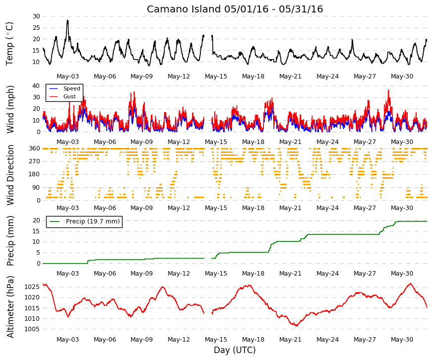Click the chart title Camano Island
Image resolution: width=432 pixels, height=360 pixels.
coord(184,9)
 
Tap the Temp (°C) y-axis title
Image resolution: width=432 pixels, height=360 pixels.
coord(9,44)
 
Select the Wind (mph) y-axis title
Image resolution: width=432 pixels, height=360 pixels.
coord(10,109)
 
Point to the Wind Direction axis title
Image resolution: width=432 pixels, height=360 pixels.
coord(10,175)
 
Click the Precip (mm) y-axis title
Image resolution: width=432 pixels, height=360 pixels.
coord(10,241)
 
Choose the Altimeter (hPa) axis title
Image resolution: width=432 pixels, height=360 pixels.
coord(10,306)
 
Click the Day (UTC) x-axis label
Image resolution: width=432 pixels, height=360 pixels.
coord(235,350)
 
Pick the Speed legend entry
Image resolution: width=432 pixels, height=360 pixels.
coord(71,88)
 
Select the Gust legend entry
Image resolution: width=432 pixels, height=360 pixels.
coord(69,96)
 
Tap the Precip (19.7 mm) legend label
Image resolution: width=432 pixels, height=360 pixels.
coord(93,221)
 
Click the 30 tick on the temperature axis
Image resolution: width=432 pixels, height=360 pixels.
coord(36,16)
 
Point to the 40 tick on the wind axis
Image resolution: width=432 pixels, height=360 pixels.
coord(36,86)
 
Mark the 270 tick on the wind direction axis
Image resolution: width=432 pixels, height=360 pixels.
coord(35,161)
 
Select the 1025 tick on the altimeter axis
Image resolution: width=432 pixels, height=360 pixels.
coord(32,287)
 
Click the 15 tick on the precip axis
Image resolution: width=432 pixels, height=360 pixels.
coord(36,231)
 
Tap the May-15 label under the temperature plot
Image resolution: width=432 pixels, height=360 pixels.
coord(216,76)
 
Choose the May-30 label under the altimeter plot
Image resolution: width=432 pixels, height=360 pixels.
coord(402,340)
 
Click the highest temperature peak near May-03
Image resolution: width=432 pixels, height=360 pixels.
coord(67,20)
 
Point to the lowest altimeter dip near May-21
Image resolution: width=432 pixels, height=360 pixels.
coord(297,326)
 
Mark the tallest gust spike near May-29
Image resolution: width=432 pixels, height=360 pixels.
coord(389,90)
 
